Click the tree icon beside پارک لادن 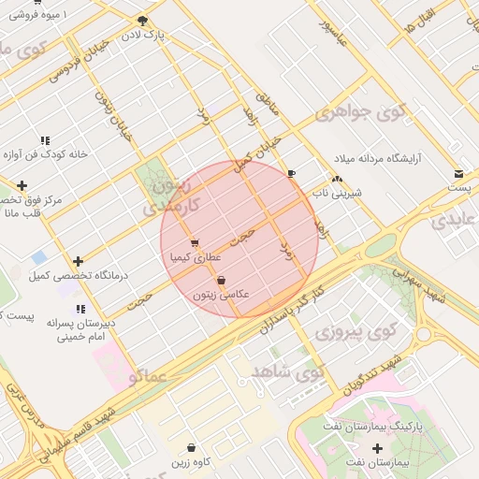click(x=142, y=20)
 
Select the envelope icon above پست click(x=458, y=173)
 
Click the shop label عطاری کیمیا click(x=195, y=255)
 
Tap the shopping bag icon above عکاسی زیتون click(x=221, y=281)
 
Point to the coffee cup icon click(x=291, y=173)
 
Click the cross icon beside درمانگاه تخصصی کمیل click(x=78, y=262)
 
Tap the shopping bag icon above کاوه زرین click(x=192, y=448)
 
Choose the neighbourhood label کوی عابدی click(x=454, y=221)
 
